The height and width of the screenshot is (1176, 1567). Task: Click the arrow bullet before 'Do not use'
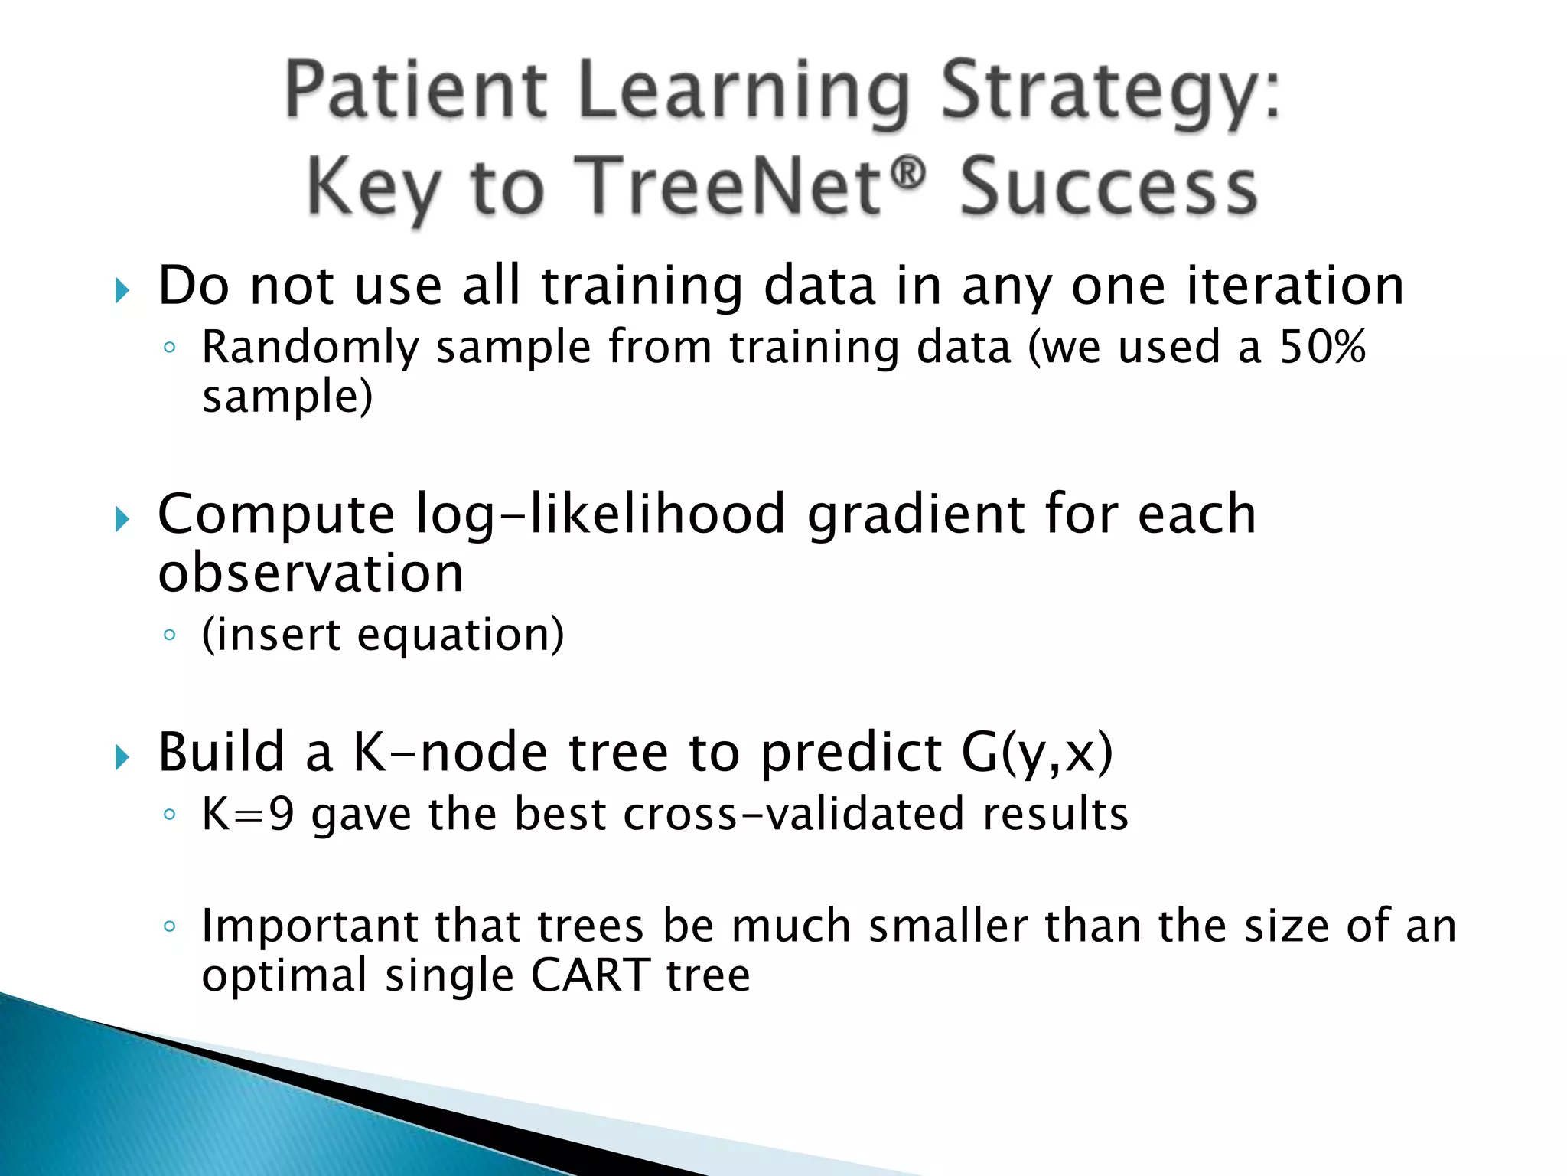tap(122, 290)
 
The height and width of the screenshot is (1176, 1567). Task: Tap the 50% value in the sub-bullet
tap(1323, 347)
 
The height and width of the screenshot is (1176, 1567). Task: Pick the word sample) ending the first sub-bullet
tap(287, 397)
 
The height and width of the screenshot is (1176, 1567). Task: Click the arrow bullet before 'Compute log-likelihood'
tap(122, 520)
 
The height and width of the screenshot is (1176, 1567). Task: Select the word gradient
tap(915, 514)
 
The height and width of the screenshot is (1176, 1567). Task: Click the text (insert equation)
tap(383, 635)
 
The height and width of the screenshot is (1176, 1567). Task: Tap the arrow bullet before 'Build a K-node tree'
tap(122, 757)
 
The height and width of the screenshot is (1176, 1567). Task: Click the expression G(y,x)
tap(1036, 753)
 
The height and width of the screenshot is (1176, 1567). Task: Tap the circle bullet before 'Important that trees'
tap(170, 926)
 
